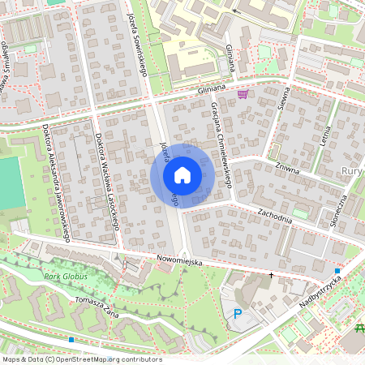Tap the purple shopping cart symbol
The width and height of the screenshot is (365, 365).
[243, 95]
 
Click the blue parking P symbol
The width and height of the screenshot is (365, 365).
[238, 313]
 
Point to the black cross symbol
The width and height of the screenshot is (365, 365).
[272, 276]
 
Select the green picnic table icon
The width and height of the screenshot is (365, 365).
[360, 327]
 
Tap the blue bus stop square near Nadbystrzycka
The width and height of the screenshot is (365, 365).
[337, 270]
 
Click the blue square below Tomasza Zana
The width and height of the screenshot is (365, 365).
[72, 340]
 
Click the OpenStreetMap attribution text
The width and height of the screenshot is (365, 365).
[81, 359]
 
